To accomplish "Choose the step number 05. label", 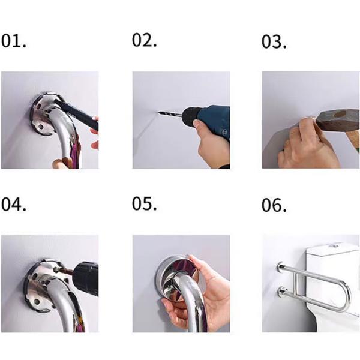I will [145, 204].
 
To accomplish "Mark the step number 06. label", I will [274, 205].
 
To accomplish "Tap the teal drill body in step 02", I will [210, 120].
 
